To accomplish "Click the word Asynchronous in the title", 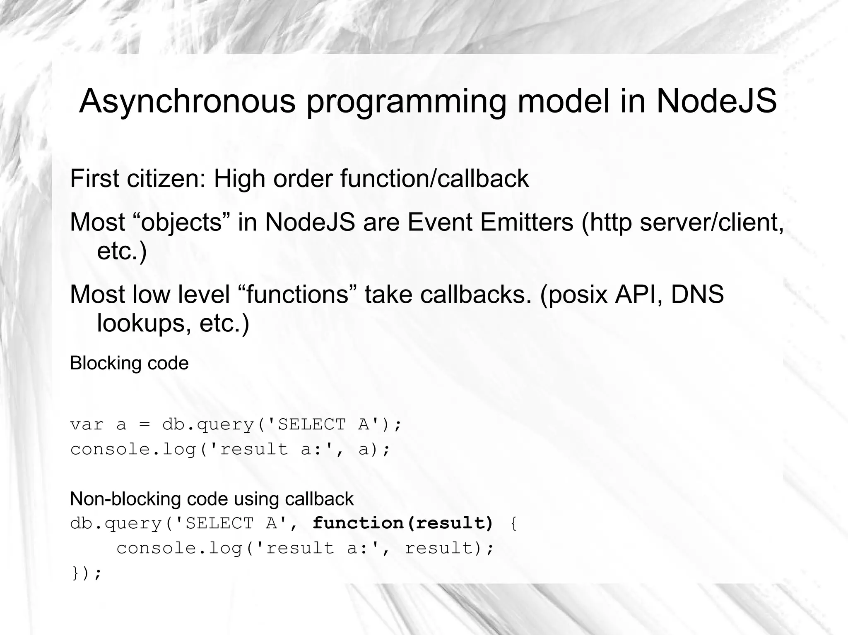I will (187, 101).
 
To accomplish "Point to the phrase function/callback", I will (434, 179).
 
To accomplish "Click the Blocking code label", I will (129, 363).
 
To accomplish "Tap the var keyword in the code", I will (87, 425).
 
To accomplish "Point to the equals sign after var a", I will (144, 425).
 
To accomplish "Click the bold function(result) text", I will (403, 523).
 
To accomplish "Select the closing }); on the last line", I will (87, 573).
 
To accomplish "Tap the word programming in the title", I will (406, 102).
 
